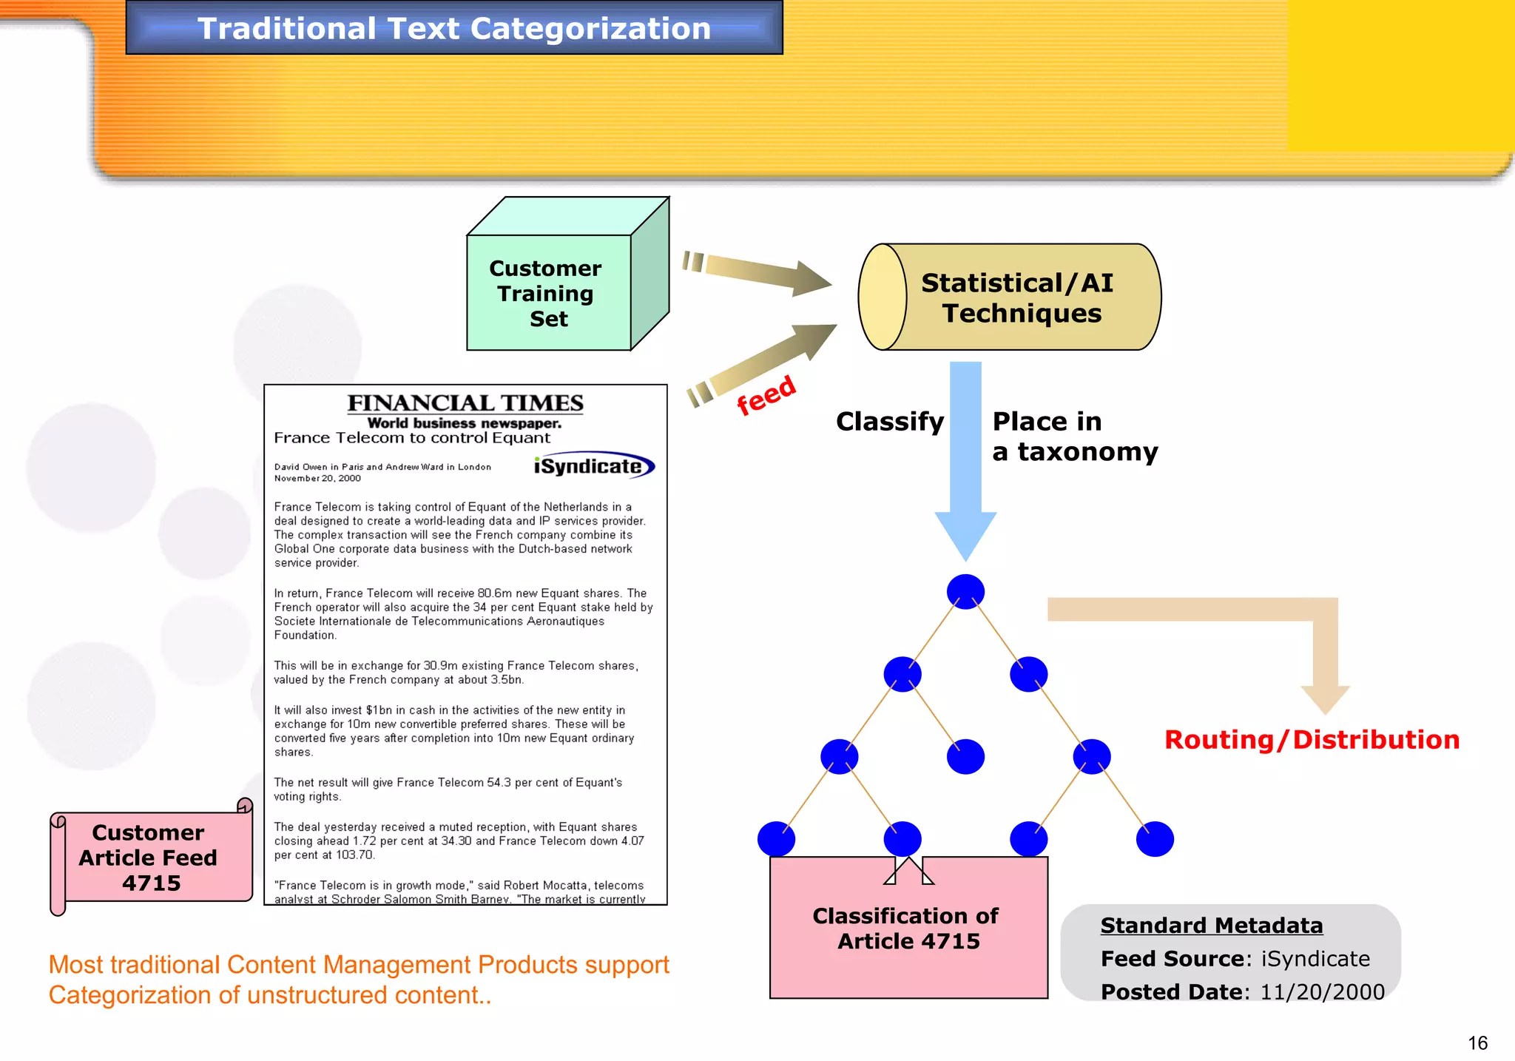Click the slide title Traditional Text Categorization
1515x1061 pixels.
click(x=453, y=28)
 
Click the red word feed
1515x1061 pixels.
click(x=766, y=394)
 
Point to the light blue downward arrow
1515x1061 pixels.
click(x=965, y=459)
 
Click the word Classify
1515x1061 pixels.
click(x=890, y=422)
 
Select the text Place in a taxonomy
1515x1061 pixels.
click(x=1074, y=437)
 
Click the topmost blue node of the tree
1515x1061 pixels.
click(x=965, y=591)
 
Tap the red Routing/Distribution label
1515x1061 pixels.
click(x=1312, y=739)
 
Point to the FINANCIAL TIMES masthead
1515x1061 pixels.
click(x=465, y=403)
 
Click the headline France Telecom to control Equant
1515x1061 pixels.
click(x=412, y=438)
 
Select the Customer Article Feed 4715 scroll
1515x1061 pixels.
click(x=149, y=858)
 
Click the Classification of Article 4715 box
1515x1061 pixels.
click(x=908, y=929)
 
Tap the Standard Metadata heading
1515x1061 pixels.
click(x=1211, y=926)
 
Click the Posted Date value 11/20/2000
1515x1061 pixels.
click(x=1322, y=992)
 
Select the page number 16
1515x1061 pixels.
click(x=1477, y=1043)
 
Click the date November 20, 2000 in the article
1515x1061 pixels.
click(x=317, y=479)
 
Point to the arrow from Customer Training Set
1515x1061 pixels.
click(x=758, y=274)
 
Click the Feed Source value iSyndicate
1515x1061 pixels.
click(x=1315, y=959)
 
